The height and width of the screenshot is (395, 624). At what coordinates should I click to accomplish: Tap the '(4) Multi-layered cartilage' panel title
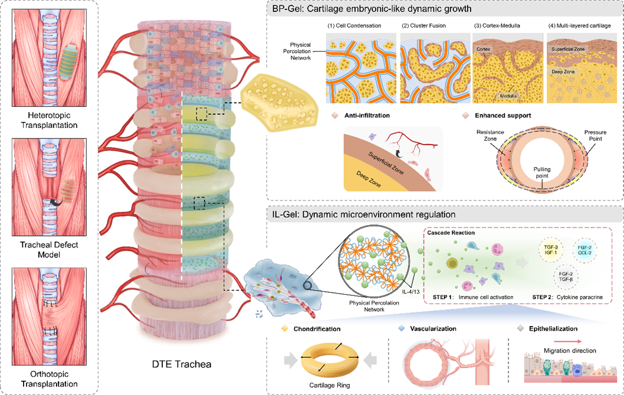(581, 25)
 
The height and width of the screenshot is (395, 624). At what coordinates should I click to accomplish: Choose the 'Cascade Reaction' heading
(451, 232)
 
